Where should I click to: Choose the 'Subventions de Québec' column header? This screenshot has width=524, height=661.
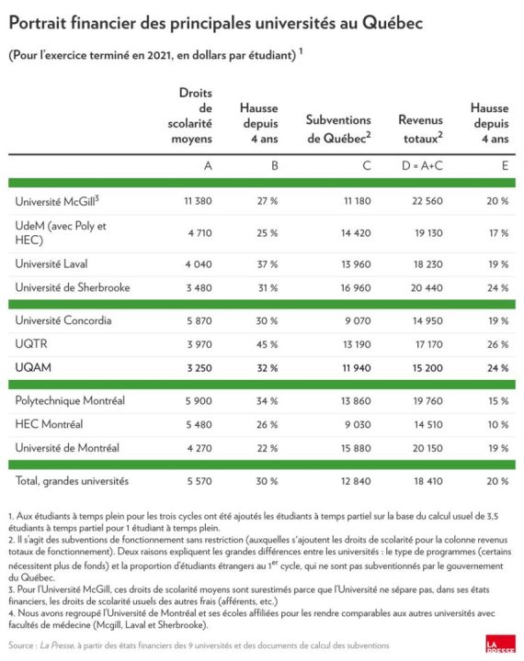click(338, 129)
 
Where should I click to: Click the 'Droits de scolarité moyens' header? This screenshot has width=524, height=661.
click(194, 114)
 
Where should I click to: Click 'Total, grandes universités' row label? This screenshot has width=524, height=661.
click(72, 480)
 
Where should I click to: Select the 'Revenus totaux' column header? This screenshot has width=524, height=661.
click(421, 129)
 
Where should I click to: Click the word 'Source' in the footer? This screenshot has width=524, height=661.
click(22, 646)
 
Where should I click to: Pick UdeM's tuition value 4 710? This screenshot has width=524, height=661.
click(199, 232)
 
